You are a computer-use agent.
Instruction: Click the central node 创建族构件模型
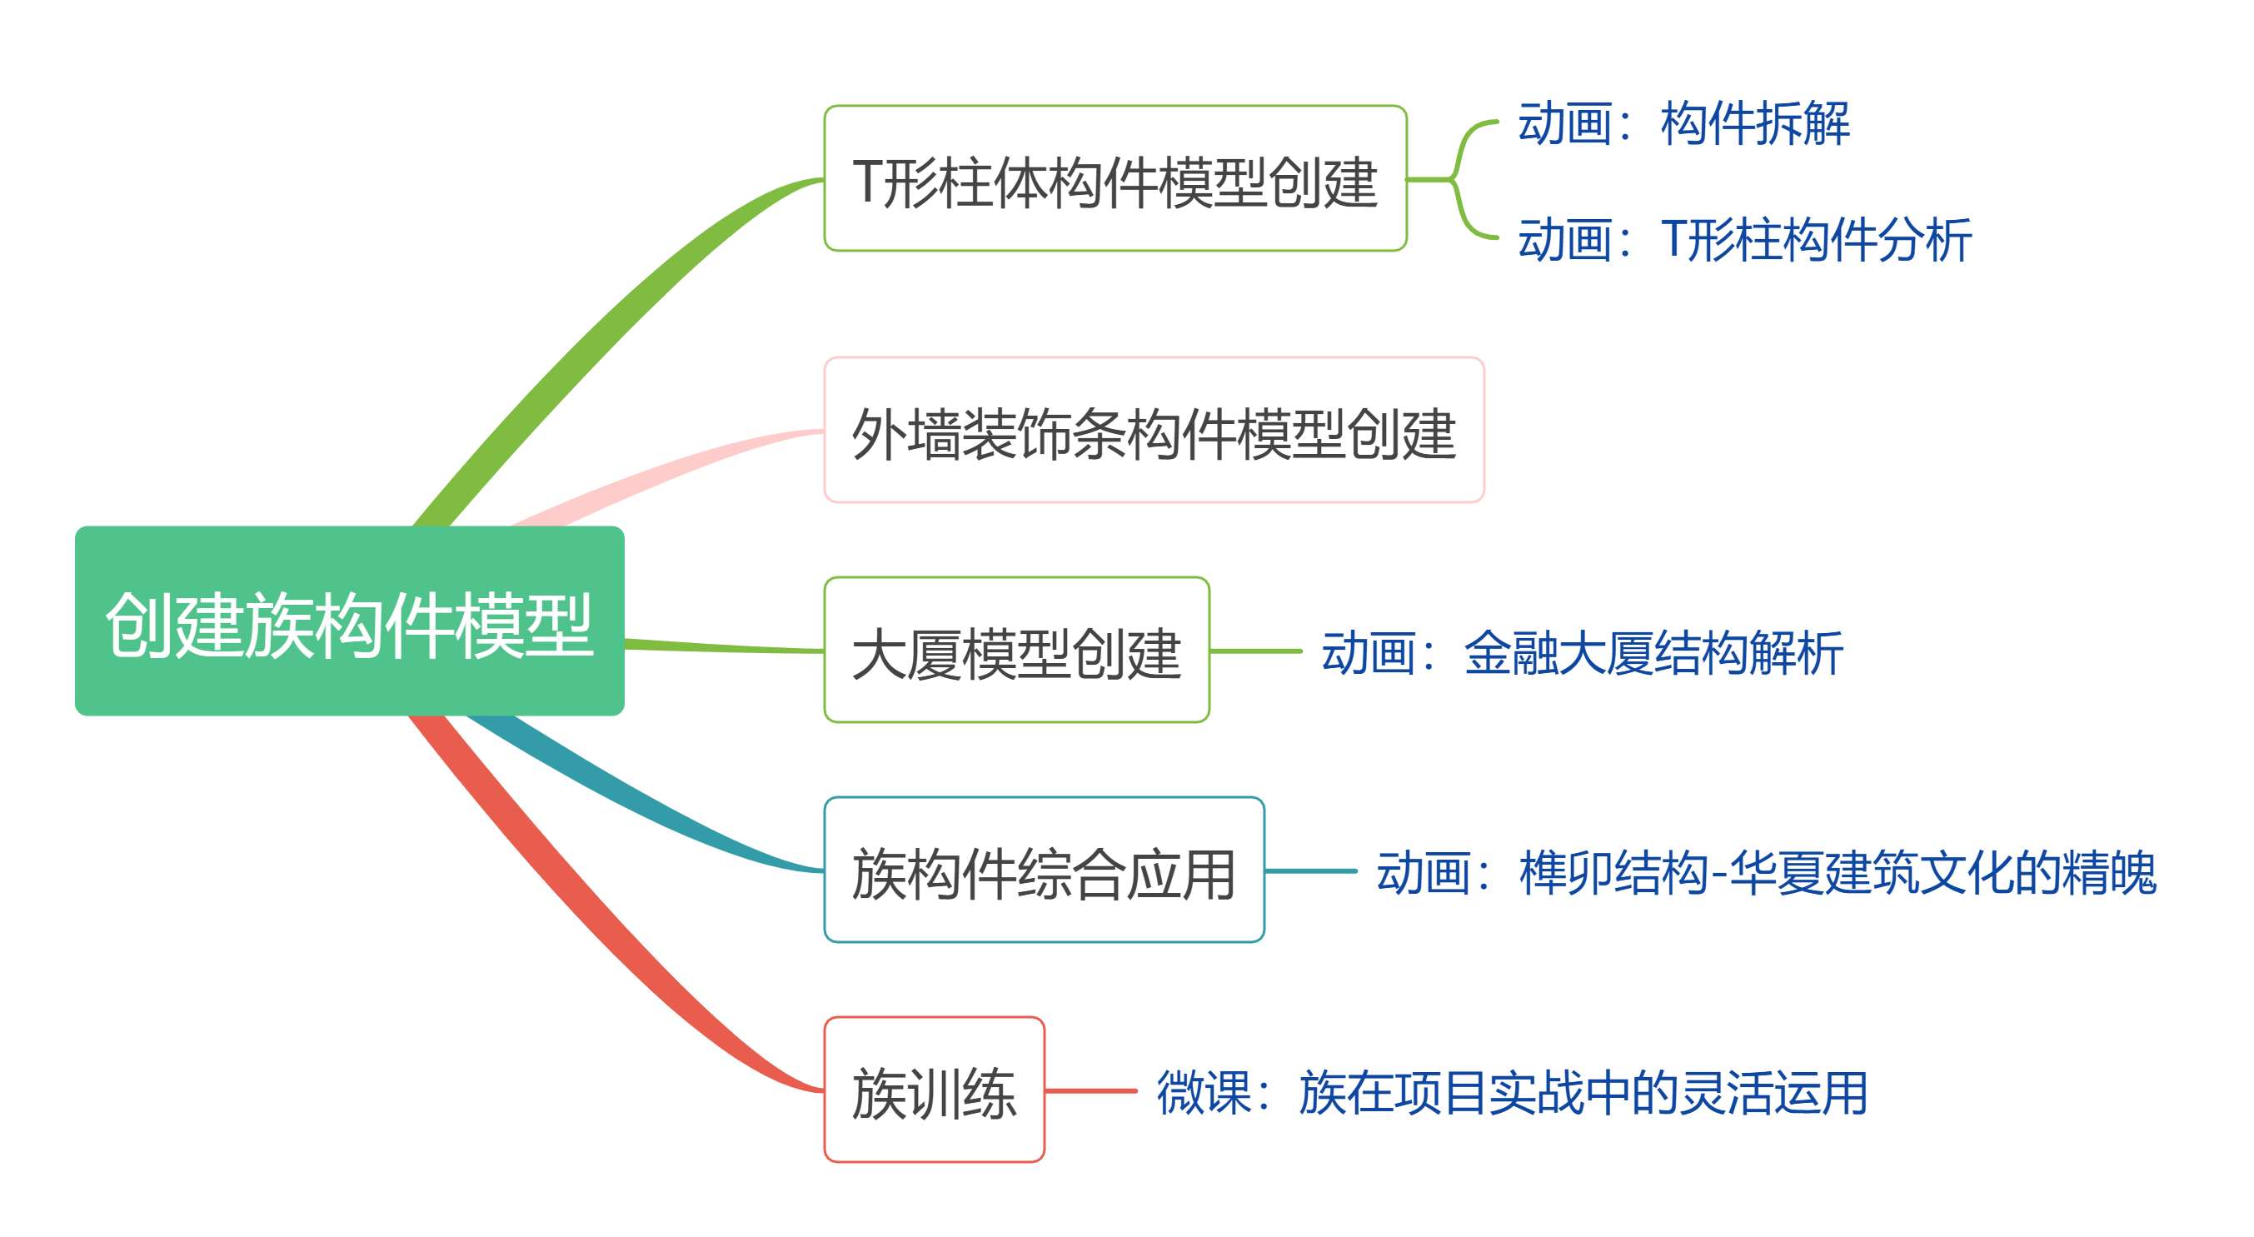tap(349, 621)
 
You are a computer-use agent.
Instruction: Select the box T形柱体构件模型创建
tap(1115, 178)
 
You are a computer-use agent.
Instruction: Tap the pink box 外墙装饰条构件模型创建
tap(1154, 430)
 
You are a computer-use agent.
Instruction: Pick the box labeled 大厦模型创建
tap(1016, 650)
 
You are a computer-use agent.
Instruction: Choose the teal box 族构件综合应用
tap(1043, 870)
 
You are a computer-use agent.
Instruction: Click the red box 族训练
tap(934, 1090)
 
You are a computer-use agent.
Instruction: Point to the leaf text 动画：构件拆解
tap(1683, 122)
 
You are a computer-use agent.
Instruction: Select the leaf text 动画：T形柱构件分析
tap(1744, 240)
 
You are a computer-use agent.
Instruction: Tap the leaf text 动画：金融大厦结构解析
tap(1581, 652)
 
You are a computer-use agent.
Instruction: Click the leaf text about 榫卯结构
tap(1765, 872)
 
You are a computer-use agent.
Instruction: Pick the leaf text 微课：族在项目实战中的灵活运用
tap(1511, 1092)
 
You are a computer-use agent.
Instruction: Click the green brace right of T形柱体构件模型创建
tap(1457, 179)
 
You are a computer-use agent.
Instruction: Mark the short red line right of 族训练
tap(1090, 1091)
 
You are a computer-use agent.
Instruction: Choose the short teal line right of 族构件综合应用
tap(1310, 870)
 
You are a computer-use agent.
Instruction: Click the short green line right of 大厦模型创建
tap(1255, 651)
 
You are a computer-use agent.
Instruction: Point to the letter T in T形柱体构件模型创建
tap(867, 182)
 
